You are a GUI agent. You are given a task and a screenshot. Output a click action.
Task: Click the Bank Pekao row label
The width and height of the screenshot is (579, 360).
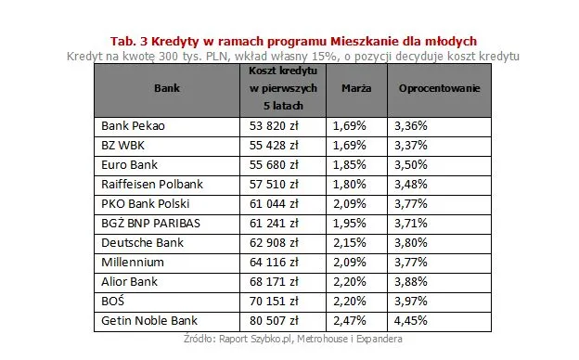(x=132, y=124)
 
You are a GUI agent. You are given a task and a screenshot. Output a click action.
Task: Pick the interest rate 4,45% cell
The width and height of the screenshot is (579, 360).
(x=410, y=322)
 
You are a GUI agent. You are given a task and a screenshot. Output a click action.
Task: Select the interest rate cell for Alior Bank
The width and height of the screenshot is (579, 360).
(x=410, y=282)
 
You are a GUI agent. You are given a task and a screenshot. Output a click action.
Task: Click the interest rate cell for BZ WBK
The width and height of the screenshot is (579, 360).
(x=410, y=145)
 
